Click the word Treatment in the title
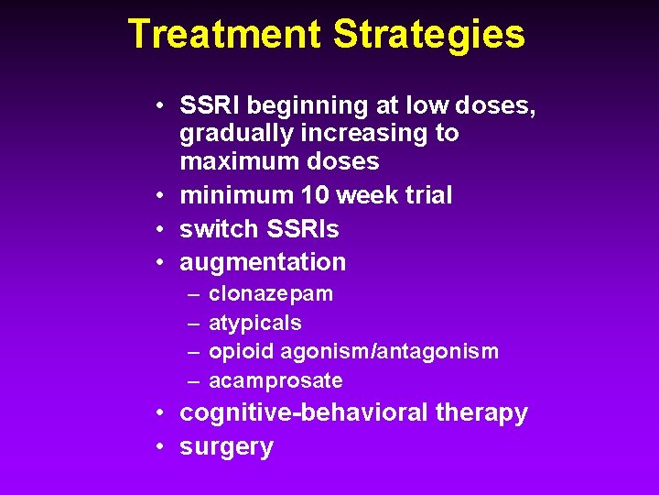click(x=225, y=35)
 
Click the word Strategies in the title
click(x=429, y=35)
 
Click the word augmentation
click(x=263, y=262)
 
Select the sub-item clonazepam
click(x=271, y=295)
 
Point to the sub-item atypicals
click(x=255, y=323)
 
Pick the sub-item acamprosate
click(x=275, y=379)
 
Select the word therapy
click(x=481, y=413)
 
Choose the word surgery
click(x=226, y=447)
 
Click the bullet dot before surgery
click(x=159, y=447)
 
